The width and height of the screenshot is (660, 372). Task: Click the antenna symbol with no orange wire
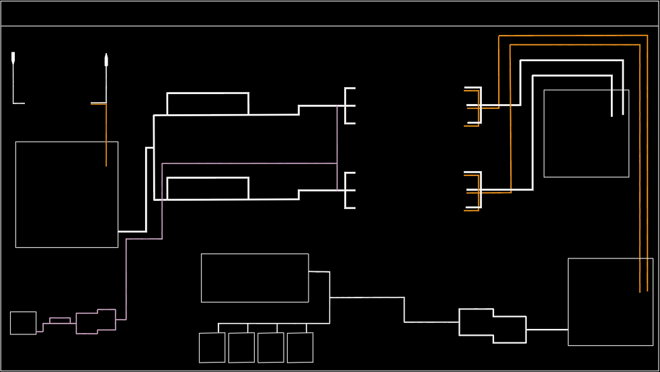(13, 59)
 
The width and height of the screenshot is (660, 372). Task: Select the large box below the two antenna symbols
(67, 194)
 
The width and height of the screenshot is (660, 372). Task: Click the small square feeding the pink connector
(23, 323)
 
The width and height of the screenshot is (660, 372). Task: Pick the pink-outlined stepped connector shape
(96, 321)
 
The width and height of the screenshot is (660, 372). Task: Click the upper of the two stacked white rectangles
(208, 103)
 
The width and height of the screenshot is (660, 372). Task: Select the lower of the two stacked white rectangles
(208, 188)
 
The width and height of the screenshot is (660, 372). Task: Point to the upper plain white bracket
(349, 105)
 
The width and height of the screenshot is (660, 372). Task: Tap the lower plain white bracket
(349, 190)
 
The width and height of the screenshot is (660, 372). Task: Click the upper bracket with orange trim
(475, 106)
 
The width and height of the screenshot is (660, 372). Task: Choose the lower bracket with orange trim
(475, 191)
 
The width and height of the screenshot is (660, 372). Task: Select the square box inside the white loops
(586, 134)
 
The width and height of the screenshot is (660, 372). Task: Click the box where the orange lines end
(610, 301)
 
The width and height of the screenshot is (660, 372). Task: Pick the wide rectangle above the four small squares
(255, 278)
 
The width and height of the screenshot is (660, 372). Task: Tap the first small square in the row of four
(212, 348)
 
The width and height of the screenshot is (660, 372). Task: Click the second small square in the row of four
(241, 348)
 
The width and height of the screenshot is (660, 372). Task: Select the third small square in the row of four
(271, 348)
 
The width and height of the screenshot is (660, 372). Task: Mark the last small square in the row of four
(300, 348)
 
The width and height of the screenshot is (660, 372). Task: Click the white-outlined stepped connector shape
(493, 326)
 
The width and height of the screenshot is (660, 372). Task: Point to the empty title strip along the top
(329, 13)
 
